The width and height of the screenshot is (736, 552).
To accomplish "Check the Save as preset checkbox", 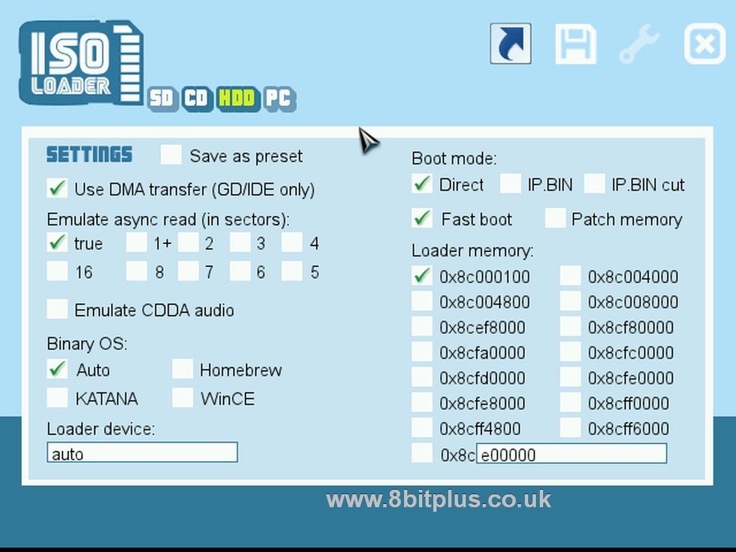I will (x=171, y=155).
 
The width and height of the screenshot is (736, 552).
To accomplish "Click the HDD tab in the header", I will (x=236, y=98).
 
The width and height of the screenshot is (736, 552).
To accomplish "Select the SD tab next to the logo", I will (x=162, y=99).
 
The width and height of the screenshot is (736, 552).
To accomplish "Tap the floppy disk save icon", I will (x=576, y=44).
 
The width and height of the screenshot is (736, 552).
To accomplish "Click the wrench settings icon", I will (x=639, y=44).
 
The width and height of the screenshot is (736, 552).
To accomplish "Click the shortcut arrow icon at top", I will (x=511, y=44).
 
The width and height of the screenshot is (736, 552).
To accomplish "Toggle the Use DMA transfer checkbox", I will (x=58, y=189).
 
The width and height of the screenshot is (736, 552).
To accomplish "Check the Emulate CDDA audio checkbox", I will (x=58, y=309).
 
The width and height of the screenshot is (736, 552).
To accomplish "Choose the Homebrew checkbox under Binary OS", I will (x=183, y=370).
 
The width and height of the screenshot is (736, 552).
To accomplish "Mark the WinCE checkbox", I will (x=183, y=397).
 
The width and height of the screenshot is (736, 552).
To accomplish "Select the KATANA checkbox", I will (x=58, y=397).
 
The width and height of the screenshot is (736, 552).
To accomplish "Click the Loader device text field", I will (x=142, y=453).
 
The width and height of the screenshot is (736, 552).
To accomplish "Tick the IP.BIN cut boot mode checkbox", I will (x=594, y=184).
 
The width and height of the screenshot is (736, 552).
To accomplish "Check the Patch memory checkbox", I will (x=555, y=219).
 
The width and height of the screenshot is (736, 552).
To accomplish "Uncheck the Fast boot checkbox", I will (x=423, y=219).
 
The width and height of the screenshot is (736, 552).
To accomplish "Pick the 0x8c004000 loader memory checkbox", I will (x=570, y=277).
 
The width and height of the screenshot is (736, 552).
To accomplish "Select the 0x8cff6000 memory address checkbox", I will (x=570, y=428).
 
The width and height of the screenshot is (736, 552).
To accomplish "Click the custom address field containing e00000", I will (x=572, y=453).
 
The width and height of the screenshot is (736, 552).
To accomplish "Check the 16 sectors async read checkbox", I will (x=58, y=271).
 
